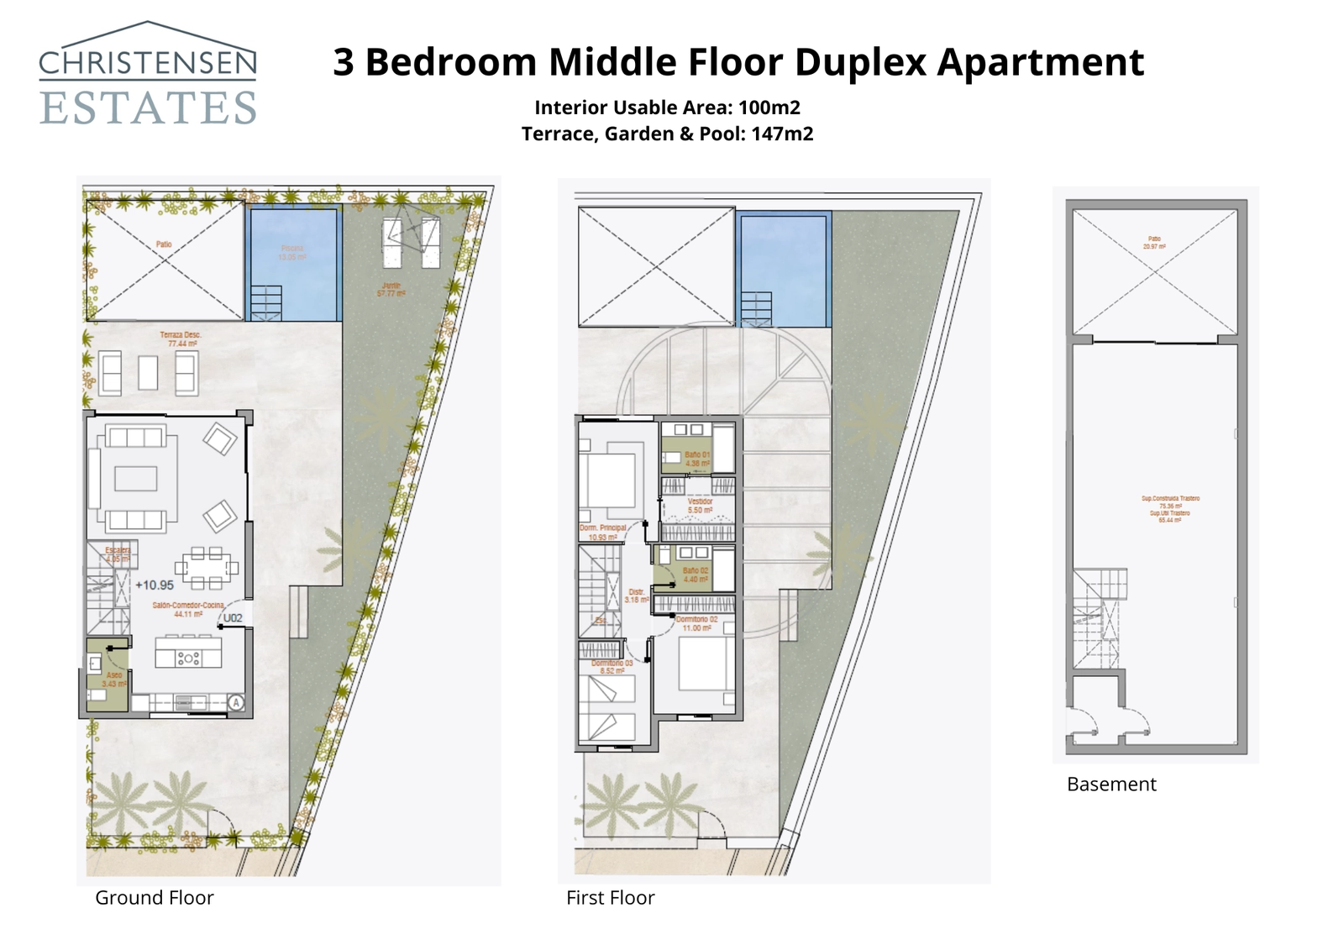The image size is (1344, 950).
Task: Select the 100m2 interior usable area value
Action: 769,108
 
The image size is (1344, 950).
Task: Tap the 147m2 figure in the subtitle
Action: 782,134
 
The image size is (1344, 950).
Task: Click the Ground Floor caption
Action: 155,897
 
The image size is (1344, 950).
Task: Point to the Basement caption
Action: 1111,784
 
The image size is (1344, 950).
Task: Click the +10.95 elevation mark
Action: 155,585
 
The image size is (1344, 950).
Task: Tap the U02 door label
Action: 233,617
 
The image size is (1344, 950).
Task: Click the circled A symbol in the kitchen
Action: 236,702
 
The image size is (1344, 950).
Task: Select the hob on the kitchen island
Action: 187,658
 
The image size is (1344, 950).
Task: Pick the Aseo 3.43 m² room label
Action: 114,680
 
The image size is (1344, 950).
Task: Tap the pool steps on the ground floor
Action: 265,302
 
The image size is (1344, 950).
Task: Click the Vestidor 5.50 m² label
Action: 700,506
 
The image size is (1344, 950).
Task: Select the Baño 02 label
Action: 696,575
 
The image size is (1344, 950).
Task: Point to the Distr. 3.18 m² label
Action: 637,596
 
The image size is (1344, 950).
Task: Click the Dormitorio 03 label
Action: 612,667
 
